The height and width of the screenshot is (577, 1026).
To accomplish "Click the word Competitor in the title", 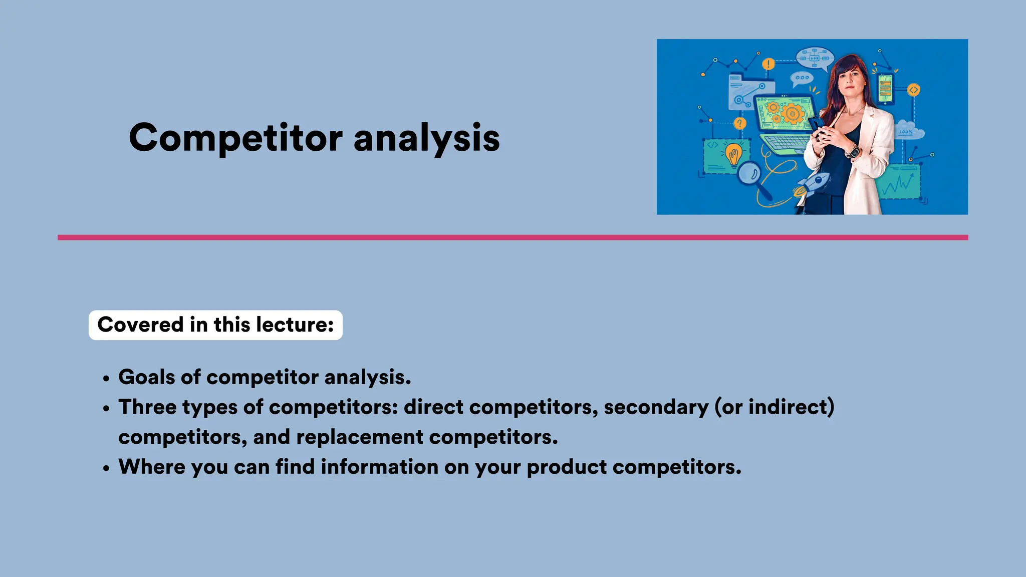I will coord(235,138).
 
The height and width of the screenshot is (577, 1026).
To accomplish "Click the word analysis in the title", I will coord(426,139).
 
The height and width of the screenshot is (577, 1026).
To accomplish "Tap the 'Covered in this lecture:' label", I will coord(215,325).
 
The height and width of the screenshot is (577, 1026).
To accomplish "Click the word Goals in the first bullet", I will coord(146,377).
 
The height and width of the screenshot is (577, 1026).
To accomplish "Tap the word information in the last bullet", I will coord(379,467).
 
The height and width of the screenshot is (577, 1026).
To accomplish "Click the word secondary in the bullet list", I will coord(656,407).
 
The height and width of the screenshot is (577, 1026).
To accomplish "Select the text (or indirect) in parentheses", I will coord(775,407).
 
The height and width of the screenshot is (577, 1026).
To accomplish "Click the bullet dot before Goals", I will coord(106,379).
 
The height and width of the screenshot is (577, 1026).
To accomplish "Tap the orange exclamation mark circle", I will coord(768,64).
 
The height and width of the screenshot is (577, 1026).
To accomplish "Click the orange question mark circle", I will coord(739,123).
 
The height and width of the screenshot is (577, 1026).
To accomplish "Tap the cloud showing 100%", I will coord(908,130).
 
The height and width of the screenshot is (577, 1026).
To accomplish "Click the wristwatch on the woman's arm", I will coord(852,150).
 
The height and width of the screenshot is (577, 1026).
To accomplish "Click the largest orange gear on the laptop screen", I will coord(792,114).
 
